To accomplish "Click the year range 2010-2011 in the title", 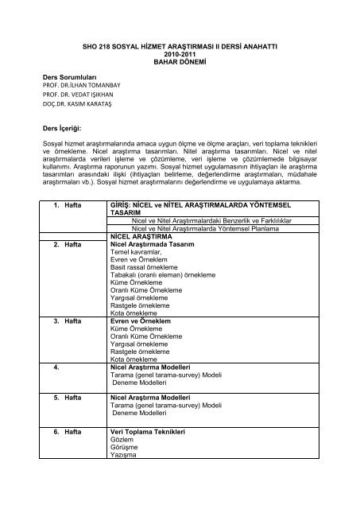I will (x=180, y=54).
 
